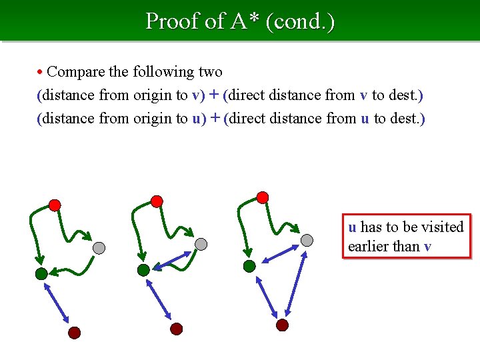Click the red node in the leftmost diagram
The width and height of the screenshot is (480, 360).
click(x=55, y=205)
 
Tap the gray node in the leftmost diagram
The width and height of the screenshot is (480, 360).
click(x=99, y=248)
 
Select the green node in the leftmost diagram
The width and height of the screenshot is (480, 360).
click(x=41, y=273)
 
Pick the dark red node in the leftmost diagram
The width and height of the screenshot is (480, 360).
click(x=75, y=332)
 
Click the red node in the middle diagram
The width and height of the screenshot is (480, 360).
click(x=157, y=201)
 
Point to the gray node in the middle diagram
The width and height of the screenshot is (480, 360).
click(x=201, y=245)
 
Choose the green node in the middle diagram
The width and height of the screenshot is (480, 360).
click(x=143, y=269)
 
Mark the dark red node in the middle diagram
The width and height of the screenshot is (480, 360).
click(x=177, y=328)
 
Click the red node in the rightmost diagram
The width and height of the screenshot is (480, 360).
click(x=263, y=197)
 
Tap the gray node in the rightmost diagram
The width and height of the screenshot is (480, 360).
click(x=307, y=241)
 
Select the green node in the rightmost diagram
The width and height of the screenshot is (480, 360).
click(x=249, y=266)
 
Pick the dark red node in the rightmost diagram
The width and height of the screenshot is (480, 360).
click(x=283, y=325)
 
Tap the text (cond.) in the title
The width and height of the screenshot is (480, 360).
click(x=300, y=21)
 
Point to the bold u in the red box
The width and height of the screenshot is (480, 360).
click(x=352, y=227)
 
